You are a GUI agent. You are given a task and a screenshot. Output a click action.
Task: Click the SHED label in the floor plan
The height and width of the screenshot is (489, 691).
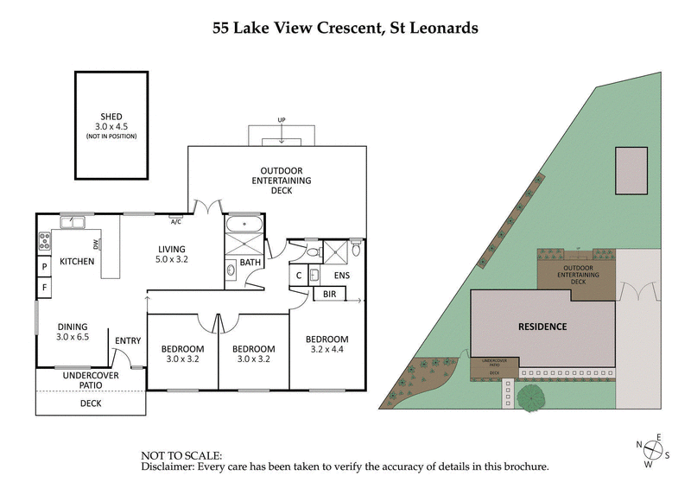(111, 117)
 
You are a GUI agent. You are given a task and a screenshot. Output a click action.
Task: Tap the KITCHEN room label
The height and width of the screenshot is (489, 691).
(77, 262)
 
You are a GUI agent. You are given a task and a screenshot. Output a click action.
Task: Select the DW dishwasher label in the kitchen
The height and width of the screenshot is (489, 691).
(96, 244)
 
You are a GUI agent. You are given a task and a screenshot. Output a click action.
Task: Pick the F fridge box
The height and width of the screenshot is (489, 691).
(44, 287)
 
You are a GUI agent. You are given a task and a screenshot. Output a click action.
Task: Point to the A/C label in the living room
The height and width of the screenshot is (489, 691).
(175, 221)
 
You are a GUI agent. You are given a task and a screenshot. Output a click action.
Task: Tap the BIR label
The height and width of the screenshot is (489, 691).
(329, 295)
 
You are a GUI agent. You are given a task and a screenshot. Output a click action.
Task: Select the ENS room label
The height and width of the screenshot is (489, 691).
(341, 276)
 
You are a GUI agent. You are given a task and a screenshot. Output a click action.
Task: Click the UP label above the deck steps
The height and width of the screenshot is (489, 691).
(282, 119)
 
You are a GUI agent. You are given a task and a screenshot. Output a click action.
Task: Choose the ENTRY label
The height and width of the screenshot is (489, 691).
(127, 340)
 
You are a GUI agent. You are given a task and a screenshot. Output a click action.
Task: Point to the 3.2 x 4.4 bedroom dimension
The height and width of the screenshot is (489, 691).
(326, 349)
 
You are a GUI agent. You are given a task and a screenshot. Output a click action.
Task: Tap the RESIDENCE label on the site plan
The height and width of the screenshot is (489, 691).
(542, 327)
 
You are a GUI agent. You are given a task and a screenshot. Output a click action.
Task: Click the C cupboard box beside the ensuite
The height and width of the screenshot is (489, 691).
(298, 276)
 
